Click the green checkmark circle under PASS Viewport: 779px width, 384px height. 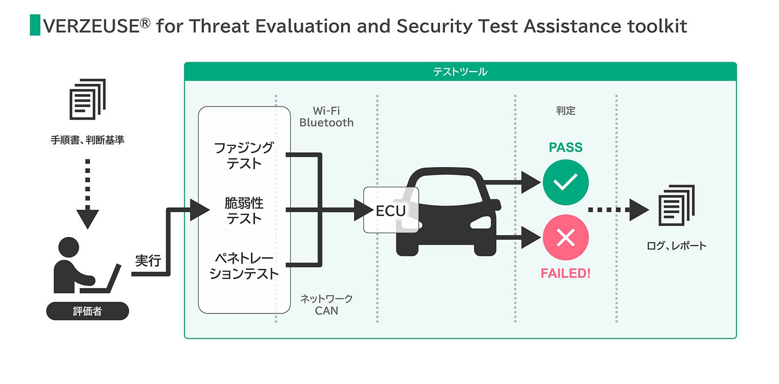tap(565, 183)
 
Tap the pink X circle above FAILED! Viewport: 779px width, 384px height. tap(565, 238)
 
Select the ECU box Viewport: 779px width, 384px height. tap(390, 210)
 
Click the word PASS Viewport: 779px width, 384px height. tap(565, 147)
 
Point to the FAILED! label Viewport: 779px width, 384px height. tap(565, 273)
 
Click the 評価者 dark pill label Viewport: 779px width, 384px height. tap(88, 311)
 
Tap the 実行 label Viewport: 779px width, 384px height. tap(148, 261)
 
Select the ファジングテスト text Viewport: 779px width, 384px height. tap(244, 155)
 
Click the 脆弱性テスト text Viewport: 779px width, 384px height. tap(244, 210)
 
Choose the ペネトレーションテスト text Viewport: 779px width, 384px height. tap(244, 266)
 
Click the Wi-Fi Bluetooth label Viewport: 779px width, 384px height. tap(326, 117)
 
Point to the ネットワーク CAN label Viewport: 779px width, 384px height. tap(326, 305)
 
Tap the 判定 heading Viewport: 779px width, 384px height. tap(565, 110)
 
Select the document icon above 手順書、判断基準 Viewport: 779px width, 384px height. tap(88, 99)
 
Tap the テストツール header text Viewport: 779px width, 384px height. tap(460, 72)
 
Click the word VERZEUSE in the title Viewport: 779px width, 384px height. tap(92, 26)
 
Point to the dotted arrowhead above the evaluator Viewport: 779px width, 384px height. tap(88, 219)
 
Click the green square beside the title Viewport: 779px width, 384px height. tap(35, 25)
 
